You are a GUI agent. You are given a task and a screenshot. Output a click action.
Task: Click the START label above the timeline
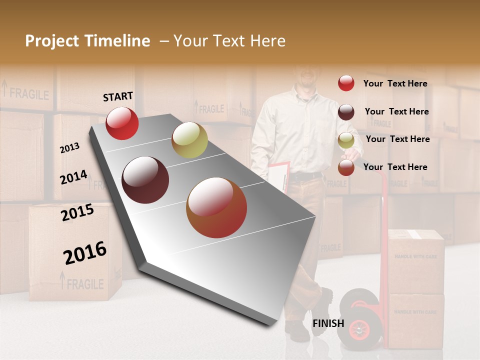click(118, 96)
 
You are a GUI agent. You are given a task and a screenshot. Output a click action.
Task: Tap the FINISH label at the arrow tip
click(328, 323)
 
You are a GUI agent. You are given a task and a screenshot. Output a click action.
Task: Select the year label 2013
click(70, 148)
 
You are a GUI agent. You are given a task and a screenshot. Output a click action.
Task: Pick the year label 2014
click(74, 177)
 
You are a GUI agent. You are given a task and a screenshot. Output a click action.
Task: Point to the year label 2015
click(77, 213)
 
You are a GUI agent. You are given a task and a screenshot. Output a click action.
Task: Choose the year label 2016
click(85, 252)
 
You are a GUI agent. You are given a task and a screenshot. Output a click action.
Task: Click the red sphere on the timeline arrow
click(122, 123)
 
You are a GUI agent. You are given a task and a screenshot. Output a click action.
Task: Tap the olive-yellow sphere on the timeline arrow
click(189, 140)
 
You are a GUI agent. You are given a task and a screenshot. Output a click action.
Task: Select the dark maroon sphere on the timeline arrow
click(145, 180)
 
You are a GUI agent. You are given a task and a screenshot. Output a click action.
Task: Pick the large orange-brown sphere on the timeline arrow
click(216, 207)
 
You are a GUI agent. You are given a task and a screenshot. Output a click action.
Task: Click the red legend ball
click(346, 83)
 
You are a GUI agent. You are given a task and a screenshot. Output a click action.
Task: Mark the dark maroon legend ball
click(346, 112)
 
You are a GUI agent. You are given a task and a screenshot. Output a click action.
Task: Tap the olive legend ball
click(346, 140)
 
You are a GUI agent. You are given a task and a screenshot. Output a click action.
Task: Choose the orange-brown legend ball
click(346, 167)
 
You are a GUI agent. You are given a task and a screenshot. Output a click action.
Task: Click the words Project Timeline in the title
click(87, 41)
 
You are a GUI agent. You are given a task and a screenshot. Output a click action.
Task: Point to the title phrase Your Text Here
click(229, 41)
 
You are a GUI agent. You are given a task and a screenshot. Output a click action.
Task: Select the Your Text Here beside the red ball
click(395, 83)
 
